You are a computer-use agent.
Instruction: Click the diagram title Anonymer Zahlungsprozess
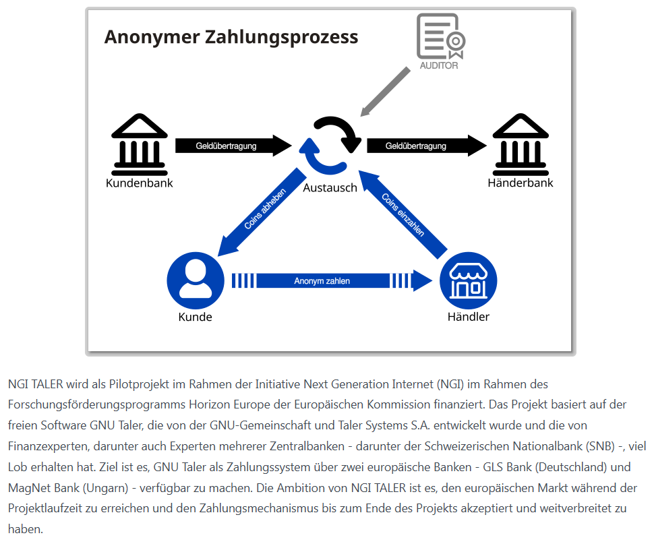pyautogui.click(x=231, y=36)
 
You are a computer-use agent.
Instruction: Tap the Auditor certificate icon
pyautogui.click(x=440, y=37)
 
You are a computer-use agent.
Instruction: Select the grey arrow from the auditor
pyautogui.click(x=385, y=92)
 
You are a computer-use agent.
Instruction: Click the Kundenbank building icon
pyautogui.click(x=140, y=142)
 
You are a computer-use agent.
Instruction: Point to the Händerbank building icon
pyautogui.click(x=520, y=142)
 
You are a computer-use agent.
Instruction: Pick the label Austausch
pyautogui.click(x=330, y=188)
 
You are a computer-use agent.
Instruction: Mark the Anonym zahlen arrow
pyautogui.click(x=330, y=280)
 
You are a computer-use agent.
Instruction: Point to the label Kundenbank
pyautogui.click(x=140, y=183)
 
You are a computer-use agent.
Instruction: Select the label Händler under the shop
pyautogui.click(x=468, y=317)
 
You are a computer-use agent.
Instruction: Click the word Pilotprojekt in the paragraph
pyautogui.click(x=142, y=385)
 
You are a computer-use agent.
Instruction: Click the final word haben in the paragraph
pyautogui.click(x=25, y=529)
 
